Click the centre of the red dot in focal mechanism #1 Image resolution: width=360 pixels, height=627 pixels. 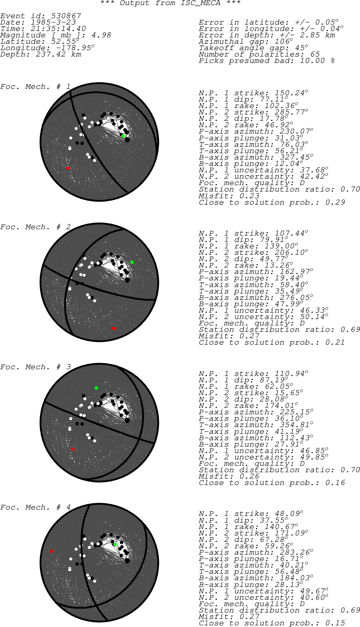click(68, 168)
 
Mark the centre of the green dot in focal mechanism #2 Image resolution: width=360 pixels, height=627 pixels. click(132, 262)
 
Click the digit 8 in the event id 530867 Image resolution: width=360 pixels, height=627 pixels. click(66, 16)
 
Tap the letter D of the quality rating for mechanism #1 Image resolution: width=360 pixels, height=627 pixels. click(302, 183)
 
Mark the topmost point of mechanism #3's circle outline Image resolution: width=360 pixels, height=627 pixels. click(99, 363)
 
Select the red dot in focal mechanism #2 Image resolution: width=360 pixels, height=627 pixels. click(113, 328)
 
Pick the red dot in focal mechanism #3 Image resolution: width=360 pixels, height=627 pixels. click(72, 449)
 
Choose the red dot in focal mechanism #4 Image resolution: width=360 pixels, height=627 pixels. click(51, 551)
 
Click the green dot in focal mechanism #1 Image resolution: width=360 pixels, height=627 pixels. click(123, 136)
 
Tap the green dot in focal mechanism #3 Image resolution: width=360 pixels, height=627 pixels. click(96, 388)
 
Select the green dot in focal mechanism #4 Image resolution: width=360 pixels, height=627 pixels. click(115, 545)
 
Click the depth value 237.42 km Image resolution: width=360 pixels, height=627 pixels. click(58, 55)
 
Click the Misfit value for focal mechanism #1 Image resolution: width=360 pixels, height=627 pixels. click(249, 196)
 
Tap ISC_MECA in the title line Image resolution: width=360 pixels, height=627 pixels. click(201, 3)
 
